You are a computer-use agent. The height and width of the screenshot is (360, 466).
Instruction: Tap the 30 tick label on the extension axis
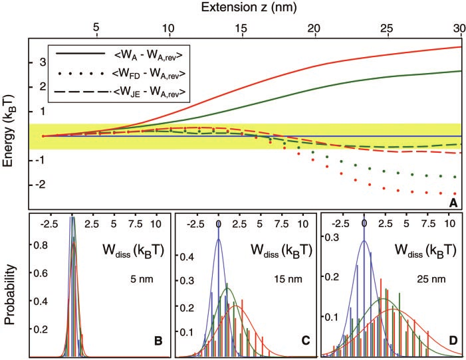coord(457,29)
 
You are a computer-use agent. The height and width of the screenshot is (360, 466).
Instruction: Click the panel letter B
coord(158,341)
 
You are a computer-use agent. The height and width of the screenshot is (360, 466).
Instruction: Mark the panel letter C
coord(305,341)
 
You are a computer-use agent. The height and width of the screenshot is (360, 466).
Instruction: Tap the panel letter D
coord(453,341)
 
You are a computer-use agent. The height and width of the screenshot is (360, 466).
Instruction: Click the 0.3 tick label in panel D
coord(332,236)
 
